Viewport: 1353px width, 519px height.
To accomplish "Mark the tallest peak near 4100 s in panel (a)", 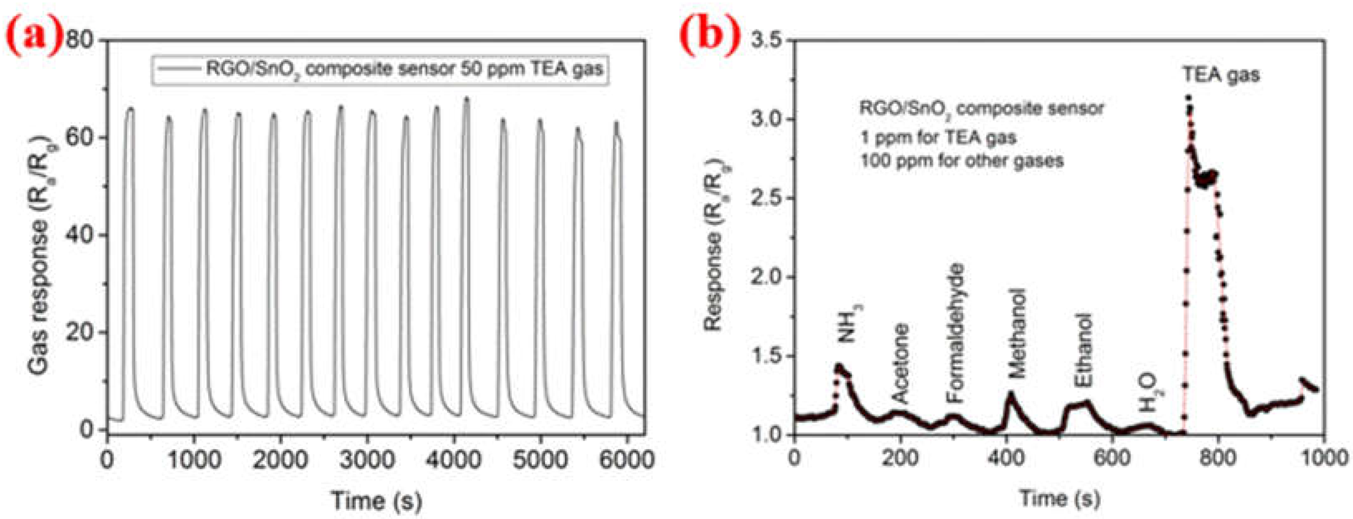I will point(466,99).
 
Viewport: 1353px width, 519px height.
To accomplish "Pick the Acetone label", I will point(900,363).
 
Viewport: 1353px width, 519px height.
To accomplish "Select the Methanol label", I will point(1018,333).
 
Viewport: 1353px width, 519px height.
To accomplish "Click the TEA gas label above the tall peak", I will point(1221,75).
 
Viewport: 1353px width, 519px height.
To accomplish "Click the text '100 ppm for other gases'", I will point(961,160).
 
